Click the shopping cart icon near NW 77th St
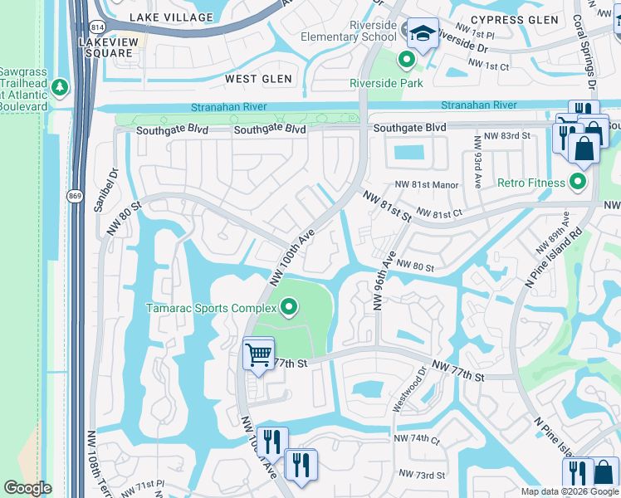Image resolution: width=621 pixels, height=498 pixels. pos(258,355)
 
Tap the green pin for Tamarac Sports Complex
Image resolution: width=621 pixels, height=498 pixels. pos(289,309)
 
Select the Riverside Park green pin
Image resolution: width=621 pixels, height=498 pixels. pos(406,60)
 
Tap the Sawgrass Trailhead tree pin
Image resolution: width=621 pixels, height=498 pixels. pos(59,87)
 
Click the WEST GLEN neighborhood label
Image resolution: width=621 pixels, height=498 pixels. pos(259,79)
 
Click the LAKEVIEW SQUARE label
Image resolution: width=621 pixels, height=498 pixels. pos(106,46)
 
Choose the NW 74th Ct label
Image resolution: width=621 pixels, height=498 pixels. pos(417,438)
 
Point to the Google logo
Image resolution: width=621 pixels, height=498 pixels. pos(27,488)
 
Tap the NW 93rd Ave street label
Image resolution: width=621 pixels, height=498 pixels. pos(479,162)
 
